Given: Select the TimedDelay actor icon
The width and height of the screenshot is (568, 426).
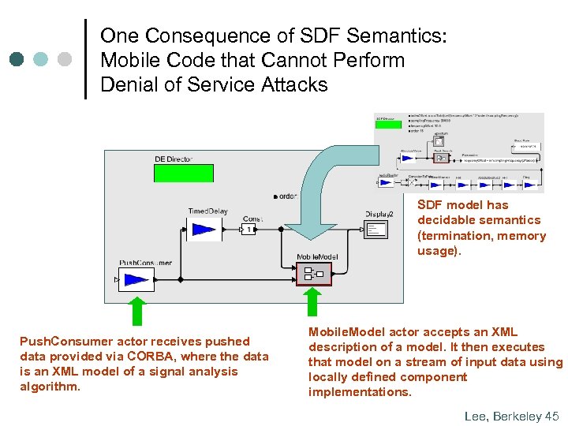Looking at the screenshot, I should pos(204,229).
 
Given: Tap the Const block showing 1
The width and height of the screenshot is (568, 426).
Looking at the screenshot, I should pos(248,229).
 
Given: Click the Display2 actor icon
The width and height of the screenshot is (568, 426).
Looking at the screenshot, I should pos(377,230).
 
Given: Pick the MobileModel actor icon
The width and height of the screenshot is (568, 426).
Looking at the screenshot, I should pos(308,274).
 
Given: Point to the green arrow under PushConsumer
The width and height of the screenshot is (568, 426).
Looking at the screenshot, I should pos(137,310).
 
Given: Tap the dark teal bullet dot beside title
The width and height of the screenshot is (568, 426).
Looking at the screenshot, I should pos(17,59).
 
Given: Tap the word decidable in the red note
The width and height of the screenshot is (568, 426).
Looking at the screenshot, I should pos(445,220).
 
